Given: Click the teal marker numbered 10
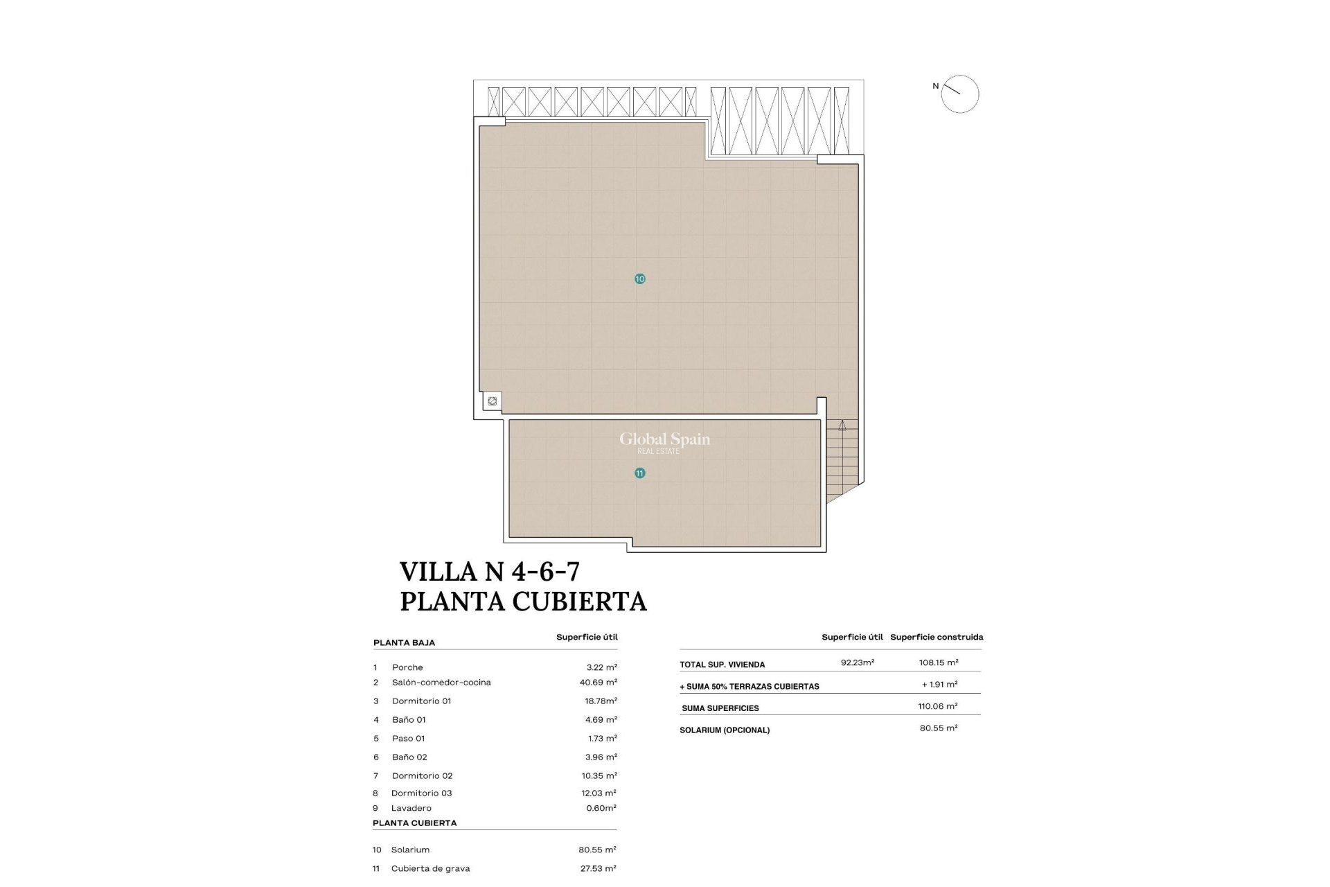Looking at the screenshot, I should tap(639, 279).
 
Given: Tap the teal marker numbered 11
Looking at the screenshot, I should tap(639, 473).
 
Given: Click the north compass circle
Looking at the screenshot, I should tap(960, 94).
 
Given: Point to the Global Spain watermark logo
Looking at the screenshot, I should tap(664, 441).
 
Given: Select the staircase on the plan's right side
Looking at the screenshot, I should tap(842, 457).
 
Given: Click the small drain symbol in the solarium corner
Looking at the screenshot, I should tap(492, 401).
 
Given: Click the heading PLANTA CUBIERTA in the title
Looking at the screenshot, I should tap(523, 601).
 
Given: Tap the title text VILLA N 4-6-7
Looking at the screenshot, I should tap(490, 572).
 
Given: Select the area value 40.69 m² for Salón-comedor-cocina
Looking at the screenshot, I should tap(598, 683).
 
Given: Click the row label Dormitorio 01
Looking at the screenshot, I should tap(421, 701).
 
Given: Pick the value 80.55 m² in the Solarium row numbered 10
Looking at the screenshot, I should tap(597, 850).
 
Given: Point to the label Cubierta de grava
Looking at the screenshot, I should tap(430, 868).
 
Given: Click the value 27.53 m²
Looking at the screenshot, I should tap(597, 868).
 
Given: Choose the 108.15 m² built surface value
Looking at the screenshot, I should tap(939, 662).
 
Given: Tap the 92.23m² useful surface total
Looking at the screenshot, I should tap(858, 662).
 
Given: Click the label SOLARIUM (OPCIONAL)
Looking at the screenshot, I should tap(725, 730).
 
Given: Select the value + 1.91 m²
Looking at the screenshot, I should tap(939, 685).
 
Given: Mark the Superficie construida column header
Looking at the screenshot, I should tap(937, 637).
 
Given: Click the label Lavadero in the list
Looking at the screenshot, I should tap(411, 808).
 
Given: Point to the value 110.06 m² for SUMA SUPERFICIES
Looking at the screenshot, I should tap(937, 706).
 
